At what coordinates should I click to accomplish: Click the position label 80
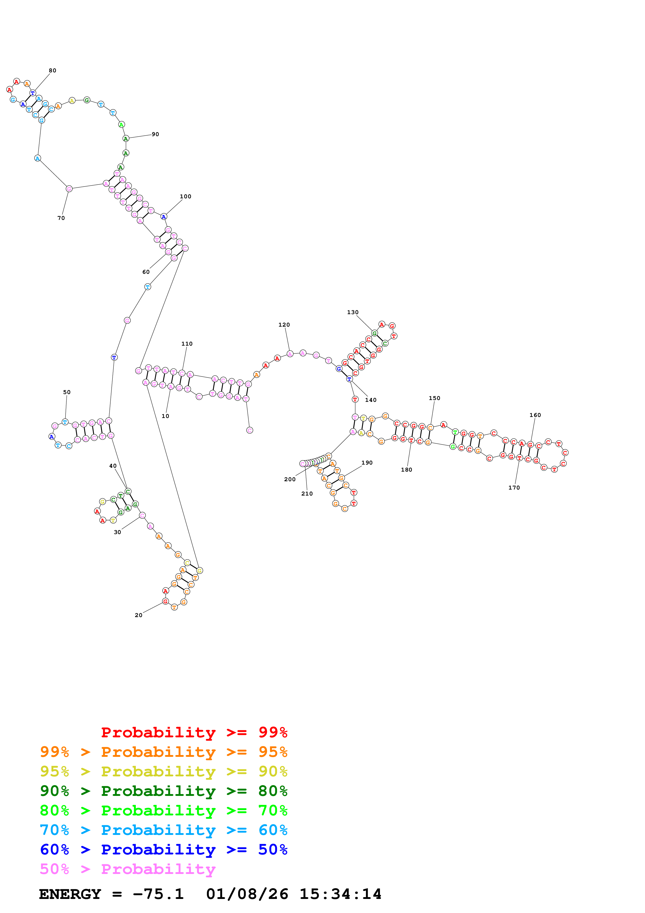point(53,70)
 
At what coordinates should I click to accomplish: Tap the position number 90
point(155,134)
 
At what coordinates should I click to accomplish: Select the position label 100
point(185,196)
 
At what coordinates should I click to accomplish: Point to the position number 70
point(61,218)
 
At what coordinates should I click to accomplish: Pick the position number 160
point(535,415)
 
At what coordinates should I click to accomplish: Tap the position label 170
point(514,487)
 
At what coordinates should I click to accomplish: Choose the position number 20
point(138,615)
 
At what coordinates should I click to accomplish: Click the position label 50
point(67,392)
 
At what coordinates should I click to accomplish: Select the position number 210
point(307,493)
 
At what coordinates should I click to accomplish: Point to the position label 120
point(284,325)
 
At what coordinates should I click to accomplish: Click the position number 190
point(367,462)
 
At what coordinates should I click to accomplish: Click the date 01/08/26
point(247,894)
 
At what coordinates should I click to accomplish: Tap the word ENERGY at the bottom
point(70,894)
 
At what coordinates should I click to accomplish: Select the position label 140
point(371,400)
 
